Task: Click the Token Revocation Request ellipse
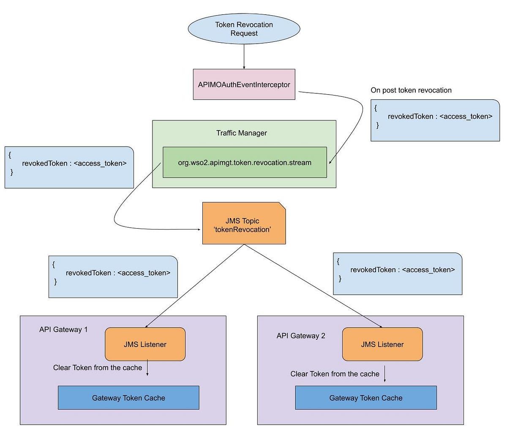244,29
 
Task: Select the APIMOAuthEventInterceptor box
244,85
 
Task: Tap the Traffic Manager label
242,133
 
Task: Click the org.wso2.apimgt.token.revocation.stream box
245,162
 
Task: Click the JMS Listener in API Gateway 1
145,344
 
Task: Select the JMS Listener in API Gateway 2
382,344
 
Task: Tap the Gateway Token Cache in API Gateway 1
128,398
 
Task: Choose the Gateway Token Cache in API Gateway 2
366,398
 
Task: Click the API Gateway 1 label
63,330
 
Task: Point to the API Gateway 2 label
301,336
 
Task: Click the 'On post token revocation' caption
411,90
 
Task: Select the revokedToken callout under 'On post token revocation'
435,120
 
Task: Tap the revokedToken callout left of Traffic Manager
69,167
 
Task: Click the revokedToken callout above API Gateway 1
113,277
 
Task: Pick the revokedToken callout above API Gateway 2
398,274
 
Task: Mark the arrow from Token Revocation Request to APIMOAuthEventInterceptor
244,57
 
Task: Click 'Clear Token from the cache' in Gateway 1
98,368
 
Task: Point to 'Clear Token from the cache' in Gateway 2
335,374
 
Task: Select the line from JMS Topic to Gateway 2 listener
313,286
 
